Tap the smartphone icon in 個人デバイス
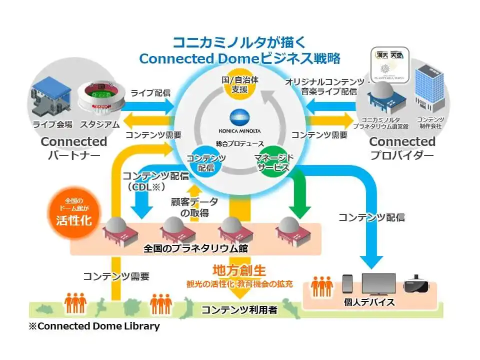347,283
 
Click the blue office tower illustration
428,88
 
